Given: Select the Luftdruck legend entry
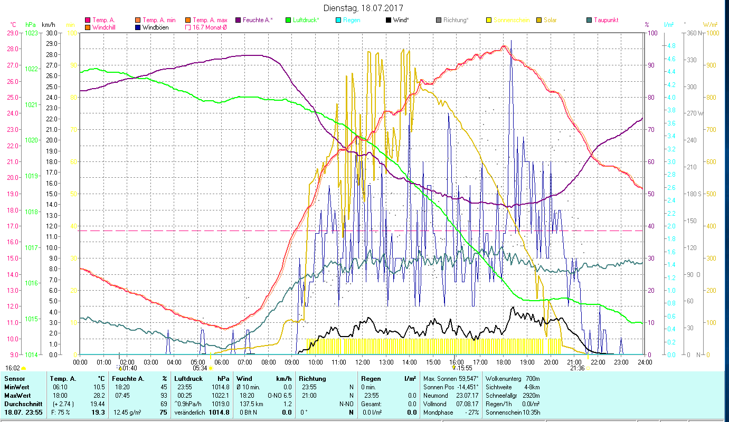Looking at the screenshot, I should point(305,20).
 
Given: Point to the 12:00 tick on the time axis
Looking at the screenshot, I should point(362,362).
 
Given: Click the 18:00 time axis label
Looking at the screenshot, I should point(503,362).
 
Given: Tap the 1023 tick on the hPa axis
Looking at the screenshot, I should point(32,33).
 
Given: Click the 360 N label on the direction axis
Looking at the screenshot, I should point(696,33).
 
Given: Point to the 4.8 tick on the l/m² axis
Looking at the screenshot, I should point(671,46).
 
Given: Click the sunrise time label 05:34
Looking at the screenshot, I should point(200,368).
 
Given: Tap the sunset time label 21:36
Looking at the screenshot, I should point(577,368).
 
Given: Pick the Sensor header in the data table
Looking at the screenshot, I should point(14,379).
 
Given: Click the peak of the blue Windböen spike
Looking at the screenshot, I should point(511,41).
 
